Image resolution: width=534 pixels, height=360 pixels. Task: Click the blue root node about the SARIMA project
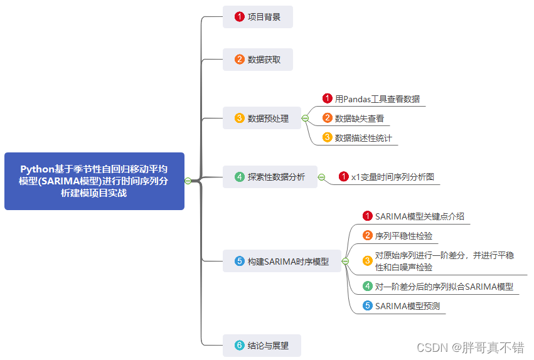(x=94, y=181)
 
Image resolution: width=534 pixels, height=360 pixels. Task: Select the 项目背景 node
(x=258, y=17)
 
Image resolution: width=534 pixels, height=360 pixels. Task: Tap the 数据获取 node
(x=258, y=60)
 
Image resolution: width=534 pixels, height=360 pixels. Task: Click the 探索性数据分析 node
(x=270, y=177)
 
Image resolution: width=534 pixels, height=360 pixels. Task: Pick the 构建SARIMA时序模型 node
(x=282, y=261)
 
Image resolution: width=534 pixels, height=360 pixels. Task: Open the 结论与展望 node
(x=262, y=346)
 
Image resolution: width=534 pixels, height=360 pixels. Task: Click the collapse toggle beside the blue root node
(x=188, y=181)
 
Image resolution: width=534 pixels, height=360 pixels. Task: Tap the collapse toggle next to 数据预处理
(x=305, y=118)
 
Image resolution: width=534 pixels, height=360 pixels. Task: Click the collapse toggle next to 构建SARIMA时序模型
(x=345, y=261)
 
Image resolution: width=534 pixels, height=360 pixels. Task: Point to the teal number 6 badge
(x=239, y=346)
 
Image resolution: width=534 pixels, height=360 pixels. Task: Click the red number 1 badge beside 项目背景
(x=239, y=17)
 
